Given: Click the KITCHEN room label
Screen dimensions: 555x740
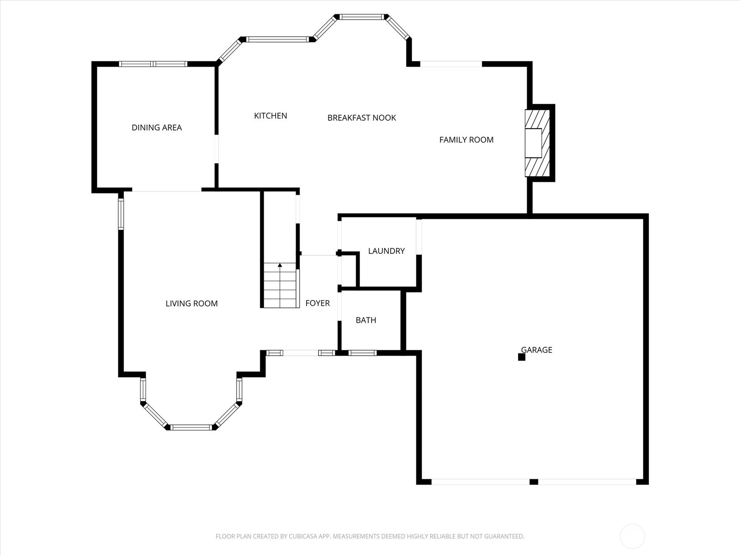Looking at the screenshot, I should [x=271, y=116].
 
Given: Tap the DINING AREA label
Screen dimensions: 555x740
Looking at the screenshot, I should [x=156, y=128].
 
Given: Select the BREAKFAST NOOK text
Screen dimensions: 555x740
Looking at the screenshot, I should [x=361, y=118].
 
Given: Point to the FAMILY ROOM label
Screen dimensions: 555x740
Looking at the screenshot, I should [x=466, y=140].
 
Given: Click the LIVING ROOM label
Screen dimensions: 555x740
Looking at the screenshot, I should [x=191, y=303].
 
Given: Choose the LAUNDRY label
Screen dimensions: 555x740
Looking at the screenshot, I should [x=386, y=251].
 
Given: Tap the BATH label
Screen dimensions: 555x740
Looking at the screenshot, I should [x=366, y=320].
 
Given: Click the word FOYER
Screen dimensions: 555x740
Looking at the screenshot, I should [x=317, y=303].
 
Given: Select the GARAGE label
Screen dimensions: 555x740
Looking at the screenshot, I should [x=536, y=350].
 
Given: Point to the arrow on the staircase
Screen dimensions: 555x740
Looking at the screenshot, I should [x=280, y=265].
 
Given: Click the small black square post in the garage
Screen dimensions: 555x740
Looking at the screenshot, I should [x=521, y=357].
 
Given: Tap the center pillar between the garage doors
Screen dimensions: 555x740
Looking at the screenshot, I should [x=533, y=482].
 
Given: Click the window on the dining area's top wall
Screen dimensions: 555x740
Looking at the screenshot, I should [x=153, y=64].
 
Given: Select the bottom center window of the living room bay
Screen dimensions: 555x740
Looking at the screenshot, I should [x=191, y=427].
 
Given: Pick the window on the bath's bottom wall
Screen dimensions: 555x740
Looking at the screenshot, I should [x=362, y=353].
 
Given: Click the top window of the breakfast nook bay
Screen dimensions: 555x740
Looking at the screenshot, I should [x=362, y=17].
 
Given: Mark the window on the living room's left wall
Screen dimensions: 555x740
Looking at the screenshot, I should [x=121, y=214].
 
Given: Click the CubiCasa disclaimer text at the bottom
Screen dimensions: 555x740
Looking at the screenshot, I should [x=370, y=536].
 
